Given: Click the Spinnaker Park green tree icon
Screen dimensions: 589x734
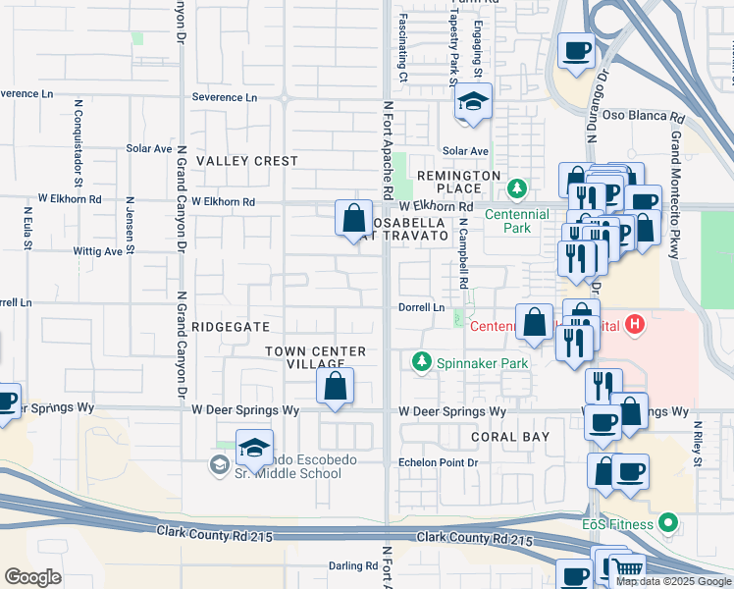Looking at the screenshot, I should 423,363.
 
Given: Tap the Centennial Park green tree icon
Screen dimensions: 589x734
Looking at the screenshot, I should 514,187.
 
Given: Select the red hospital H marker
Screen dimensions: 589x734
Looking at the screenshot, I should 636,323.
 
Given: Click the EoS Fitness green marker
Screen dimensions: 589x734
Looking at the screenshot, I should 668,523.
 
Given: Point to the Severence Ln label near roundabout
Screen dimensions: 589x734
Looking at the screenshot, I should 224,97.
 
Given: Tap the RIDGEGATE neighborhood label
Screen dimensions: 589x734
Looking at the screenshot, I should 229,326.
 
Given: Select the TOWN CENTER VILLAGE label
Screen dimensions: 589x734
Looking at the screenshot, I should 317,357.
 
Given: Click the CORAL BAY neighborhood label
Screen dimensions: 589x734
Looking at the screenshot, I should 508,436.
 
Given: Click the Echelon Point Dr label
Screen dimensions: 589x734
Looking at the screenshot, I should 438,462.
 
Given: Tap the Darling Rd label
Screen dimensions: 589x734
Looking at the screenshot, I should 353,566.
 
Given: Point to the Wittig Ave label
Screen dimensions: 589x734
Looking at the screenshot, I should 99,251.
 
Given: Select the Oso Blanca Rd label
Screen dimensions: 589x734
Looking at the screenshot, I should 639,116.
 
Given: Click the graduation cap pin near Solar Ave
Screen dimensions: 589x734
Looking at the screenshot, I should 473,103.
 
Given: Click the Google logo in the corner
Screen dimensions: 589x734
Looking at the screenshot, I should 32,577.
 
